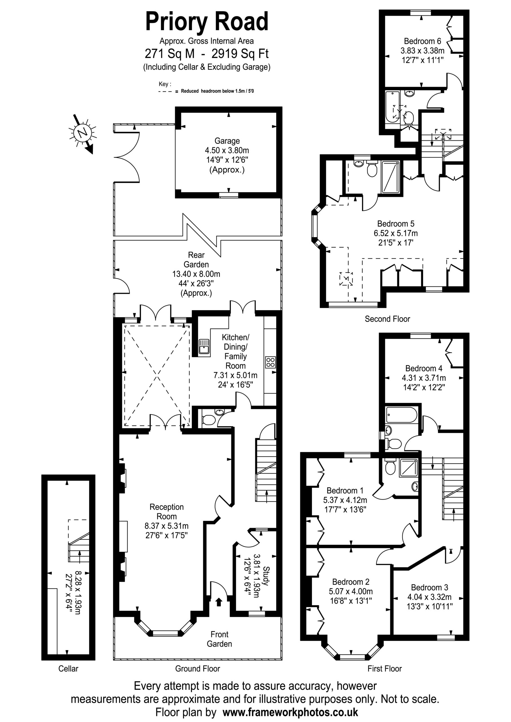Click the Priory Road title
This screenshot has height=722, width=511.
click(x=207, y=22)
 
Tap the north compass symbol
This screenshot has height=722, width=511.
click(x=82, y=133)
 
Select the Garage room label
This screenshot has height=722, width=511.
click(x=227, y=141)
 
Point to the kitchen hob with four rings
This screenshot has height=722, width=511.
click(x=270, y=362)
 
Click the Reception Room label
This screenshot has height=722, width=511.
click(x=167, y=512)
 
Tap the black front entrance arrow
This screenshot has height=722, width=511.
click(x=219, y=602)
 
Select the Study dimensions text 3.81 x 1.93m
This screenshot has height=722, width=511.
click(x=257, y=575)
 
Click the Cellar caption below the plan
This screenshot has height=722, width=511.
click(x=68, y=668)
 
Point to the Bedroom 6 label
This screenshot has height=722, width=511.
click(x=423, y=41)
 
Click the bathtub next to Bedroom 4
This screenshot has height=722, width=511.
click(x=402, y=415)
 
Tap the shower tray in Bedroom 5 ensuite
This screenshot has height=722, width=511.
click(x=390, y=177)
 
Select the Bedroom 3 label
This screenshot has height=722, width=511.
click(x=429, y=587)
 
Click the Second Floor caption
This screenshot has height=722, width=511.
click(x=387, y=319)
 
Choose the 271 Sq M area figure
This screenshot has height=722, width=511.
click(x=170, y=54)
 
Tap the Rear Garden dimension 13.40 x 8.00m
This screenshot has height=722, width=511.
click(x=196, y=274)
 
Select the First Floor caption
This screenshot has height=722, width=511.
click(x=385, y=668)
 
